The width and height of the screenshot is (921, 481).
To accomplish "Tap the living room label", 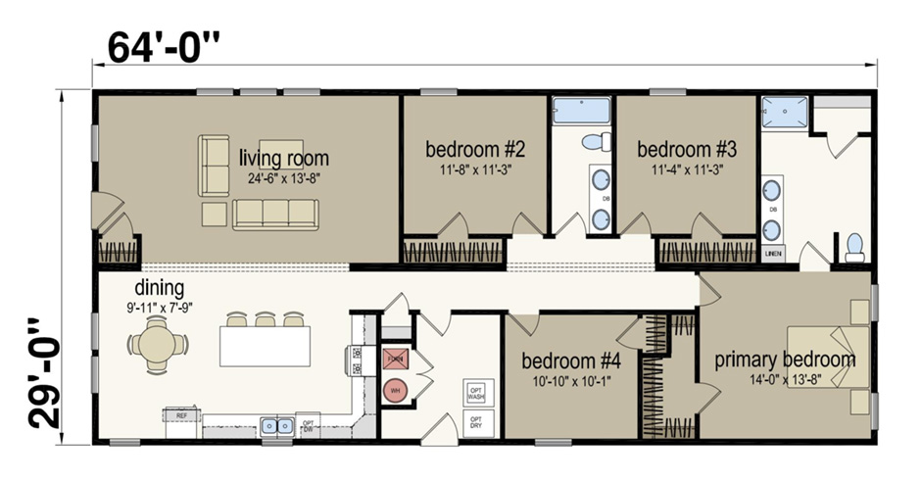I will click(284, 158).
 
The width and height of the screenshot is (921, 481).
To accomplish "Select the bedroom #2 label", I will click(476, 150).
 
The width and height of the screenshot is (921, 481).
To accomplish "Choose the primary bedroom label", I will click(784, 360).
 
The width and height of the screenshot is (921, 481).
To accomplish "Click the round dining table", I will click(157, 345).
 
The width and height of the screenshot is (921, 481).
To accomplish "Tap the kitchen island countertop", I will click(265, 346).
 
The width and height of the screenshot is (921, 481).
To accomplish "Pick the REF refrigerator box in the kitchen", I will click(182, 415).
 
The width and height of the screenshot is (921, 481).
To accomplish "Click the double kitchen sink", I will click(277, 426).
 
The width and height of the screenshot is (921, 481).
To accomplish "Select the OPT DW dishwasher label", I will click(309, 426).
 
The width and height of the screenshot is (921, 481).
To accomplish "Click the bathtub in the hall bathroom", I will click(580, 110).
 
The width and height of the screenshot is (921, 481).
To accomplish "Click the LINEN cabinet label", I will click(773, 253).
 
